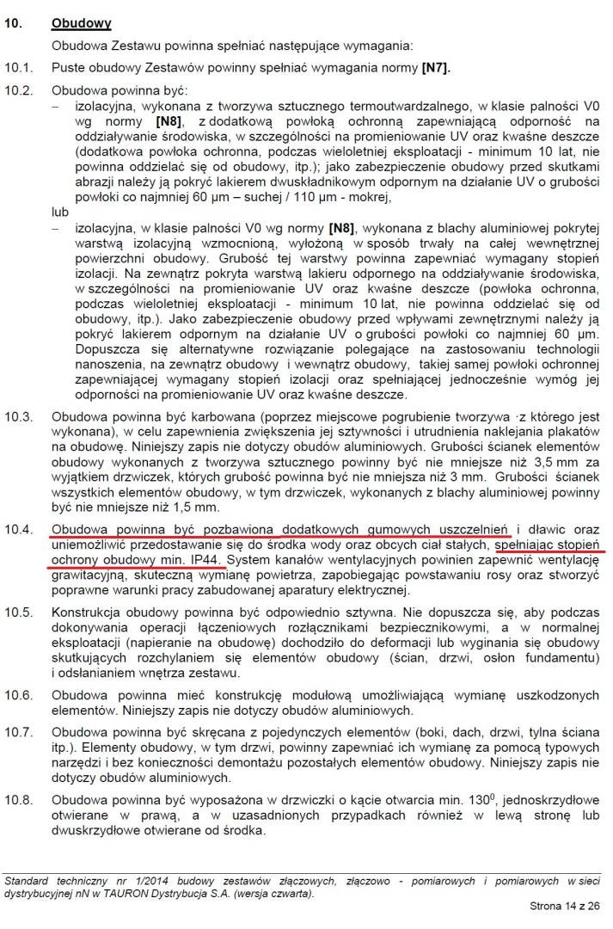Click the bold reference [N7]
point(434,65)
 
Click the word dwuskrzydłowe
point(94,831)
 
